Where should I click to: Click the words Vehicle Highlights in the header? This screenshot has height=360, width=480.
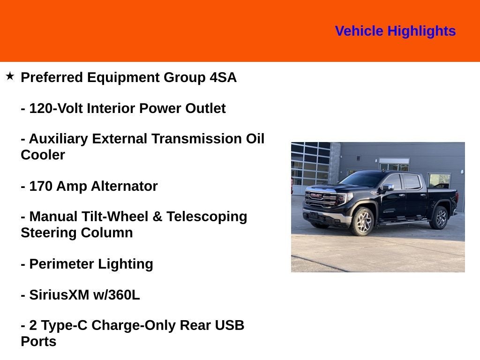click(x=395, y=31)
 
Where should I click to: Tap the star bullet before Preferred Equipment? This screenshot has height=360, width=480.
click(x=10, y=76)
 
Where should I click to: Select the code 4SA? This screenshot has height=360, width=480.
click(x=223, y=77)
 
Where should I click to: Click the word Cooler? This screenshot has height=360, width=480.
click(x=43, y=155)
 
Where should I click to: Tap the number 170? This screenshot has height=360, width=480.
click(x=41, y=186)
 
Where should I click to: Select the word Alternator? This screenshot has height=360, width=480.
click(x=124, y=186)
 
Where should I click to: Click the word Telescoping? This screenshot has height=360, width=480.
click(x=207, y=217)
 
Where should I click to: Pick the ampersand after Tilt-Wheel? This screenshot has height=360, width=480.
click(x=157, y=217)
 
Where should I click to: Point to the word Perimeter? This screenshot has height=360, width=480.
click(x=61, y=264)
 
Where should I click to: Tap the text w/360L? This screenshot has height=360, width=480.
click(x=116, y=295)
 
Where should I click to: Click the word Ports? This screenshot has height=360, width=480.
click(x=38, y=341)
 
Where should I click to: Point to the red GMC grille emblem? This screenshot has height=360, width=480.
click(x=316, y=195)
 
